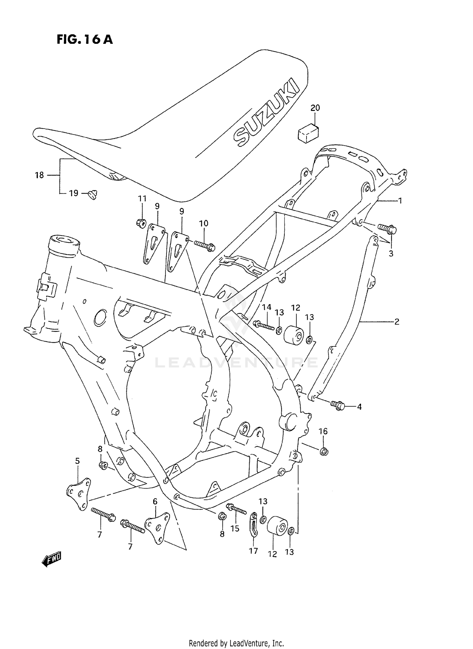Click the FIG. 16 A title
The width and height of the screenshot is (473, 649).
pos(85,39)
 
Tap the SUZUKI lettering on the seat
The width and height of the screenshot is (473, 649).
pos(266,113)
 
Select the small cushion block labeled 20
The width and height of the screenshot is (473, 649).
pos(308,132)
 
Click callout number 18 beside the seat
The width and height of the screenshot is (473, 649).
pos(39,175)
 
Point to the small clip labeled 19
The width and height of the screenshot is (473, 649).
pos(93,194)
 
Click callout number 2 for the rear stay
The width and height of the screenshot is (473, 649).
pos(397,322)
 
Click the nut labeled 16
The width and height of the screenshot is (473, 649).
pos(324,452)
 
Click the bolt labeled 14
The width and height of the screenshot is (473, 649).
pos(264,325)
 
